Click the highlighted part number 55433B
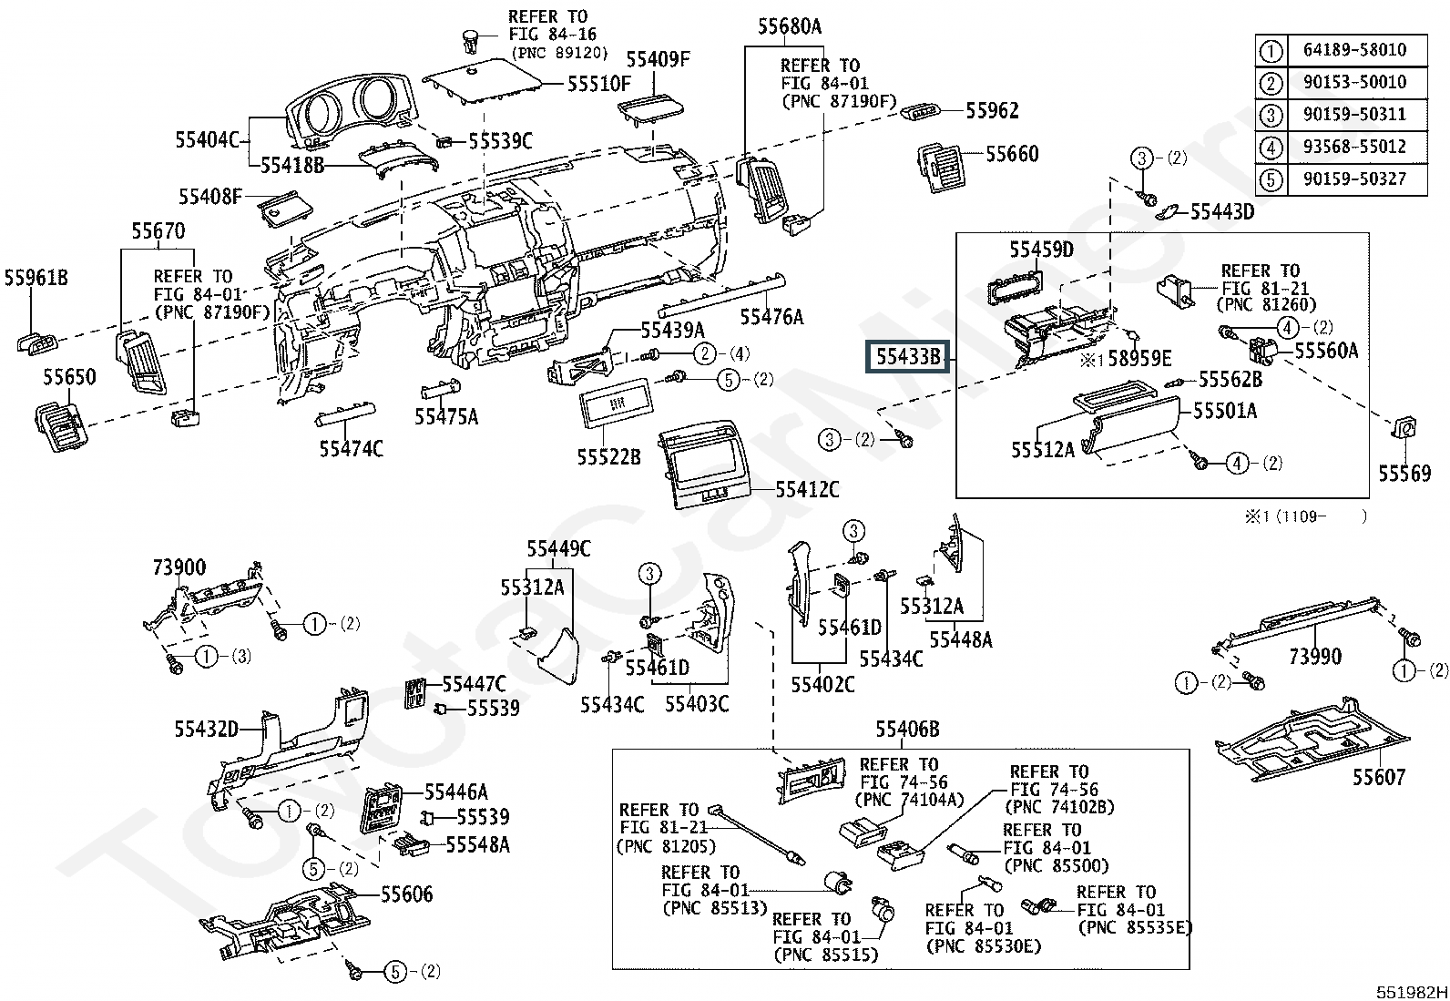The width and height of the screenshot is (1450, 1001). pyautogui.click(x=907, y=357)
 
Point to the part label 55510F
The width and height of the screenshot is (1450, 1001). pyautogui.click(x=598, y=84)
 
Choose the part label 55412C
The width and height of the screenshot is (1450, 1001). pyautogui.click(x=807, y=489)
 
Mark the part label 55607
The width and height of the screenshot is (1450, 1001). pyautogui.click(x=1379, y=776)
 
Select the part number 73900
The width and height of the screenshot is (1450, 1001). pyautogui.click(x=179, y=567)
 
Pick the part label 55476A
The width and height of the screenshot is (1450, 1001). pyautogui.click(x=771, y=317)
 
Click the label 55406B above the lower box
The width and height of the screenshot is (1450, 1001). pyautogui.click(x=907, y=729)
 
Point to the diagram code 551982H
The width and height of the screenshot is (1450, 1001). pyautogui.click(x=1411, y=992)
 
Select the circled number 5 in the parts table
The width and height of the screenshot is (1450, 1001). pyautogui.click(x=1271, y=179)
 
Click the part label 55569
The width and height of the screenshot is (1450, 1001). pyautogui.click(x=1404, y=474)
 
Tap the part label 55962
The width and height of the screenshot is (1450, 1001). pyautogui.click(x=993, y=111)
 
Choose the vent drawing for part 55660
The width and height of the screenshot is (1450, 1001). pyautogui.click(x=943, y=167)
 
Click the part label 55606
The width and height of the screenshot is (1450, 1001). pyautogui.click(x=406, y=894)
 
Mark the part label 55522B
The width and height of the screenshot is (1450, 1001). pyautogui.click(x=608, y=457)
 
